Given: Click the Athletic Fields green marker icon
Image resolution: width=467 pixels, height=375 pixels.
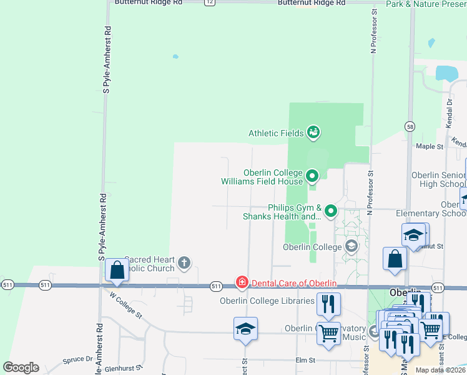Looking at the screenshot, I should [x=313, y=132].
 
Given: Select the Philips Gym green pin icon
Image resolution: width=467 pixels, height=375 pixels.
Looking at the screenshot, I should [x=331, y=211].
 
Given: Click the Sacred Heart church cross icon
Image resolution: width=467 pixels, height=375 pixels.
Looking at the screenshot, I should [x=184, y=262].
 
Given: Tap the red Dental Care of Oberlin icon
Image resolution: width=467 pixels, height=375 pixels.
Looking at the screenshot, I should [x=242, y=283].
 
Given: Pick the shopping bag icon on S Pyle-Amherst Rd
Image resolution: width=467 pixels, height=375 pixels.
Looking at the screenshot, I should [x=117, y=270].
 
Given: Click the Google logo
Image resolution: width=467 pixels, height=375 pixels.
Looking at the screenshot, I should [x=21, y=367].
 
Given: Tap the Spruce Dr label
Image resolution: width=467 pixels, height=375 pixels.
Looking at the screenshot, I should [x=77, y=360].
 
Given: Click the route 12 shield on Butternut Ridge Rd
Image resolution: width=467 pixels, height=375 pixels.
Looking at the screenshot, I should [x=209, y=2].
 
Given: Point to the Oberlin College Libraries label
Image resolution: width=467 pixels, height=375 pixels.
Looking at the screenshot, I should [x=267, y=301].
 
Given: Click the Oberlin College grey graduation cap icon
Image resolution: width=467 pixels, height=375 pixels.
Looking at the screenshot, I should [x=351, y=246].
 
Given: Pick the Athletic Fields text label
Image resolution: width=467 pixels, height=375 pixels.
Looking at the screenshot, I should [x=276, y=133].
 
